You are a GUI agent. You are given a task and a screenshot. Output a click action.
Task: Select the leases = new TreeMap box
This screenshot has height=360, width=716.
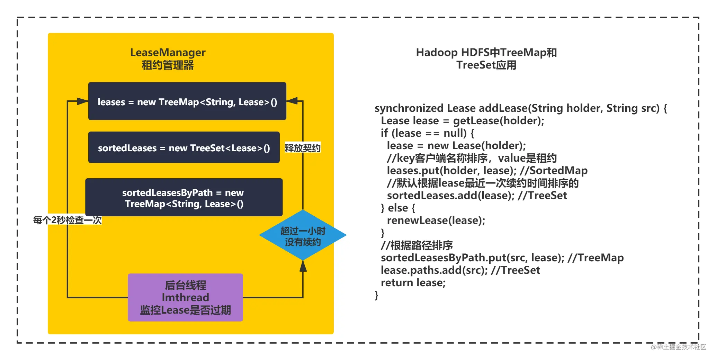tap(187, 101)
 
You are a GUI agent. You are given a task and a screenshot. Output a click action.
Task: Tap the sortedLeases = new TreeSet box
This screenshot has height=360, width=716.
tap(184, 147)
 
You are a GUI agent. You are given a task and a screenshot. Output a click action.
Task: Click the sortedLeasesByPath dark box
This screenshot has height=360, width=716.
tap(184, 197)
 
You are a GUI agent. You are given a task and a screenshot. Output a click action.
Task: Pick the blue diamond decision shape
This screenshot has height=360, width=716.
tap(303, 235)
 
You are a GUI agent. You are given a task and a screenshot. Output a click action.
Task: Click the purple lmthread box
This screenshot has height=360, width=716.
tap(185, 297)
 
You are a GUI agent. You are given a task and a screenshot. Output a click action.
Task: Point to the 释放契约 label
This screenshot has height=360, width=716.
tap(303, 148)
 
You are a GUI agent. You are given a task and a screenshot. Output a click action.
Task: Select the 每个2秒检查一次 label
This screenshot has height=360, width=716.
tap(67, 220)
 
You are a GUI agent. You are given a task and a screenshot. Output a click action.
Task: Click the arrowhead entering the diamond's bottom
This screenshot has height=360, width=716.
tap(303, 266)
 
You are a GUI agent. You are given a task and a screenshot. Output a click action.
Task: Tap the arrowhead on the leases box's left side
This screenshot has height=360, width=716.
tap(82, 101)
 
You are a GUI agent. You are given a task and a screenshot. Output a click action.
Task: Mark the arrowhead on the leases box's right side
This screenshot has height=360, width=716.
tap(292, 101)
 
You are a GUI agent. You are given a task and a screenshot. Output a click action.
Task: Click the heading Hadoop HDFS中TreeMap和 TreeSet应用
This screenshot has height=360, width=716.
tap(486, 58)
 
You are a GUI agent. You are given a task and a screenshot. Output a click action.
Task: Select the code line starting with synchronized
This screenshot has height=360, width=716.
tap(521, 108)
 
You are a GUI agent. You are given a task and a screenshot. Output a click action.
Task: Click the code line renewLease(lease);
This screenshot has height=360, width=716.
tap(436, 220)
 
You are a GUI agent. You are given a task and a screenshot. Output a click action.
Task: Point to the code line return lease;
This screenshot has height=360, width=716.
tap(413, 282)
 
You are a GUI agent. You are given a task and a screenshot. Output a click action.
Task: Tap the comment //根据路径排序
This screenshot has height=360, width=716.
tap(417, 245)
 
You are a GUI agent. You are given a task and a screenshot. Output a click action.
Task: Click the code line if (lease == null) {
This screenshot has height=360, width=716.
tap(427, 133)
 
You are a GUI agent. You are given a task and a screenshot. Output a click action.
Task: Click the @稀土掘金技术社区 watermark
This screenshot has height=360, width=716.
tap(678, 347)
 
